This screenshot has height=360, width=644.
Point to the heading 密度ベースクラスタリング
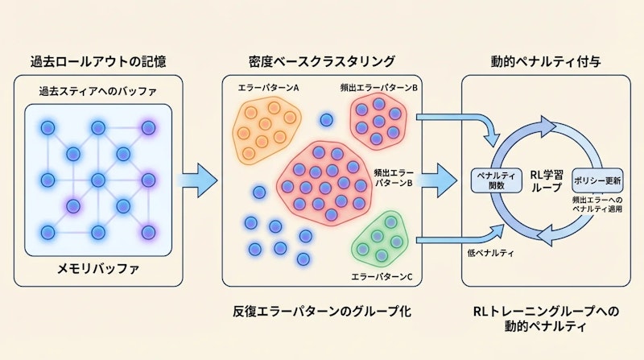click(x=323, y=60)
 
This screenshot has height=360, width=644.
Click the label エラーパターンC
click(x=382, y=277)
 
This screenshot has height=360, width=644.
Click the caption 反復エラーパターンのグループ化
click(x=323, y=310)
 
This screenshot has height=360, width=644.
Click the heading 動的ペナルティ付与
click(x=540, y=60)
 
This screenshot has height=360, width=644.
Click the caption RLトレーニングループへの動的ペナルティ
click(x=540, y=318)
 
